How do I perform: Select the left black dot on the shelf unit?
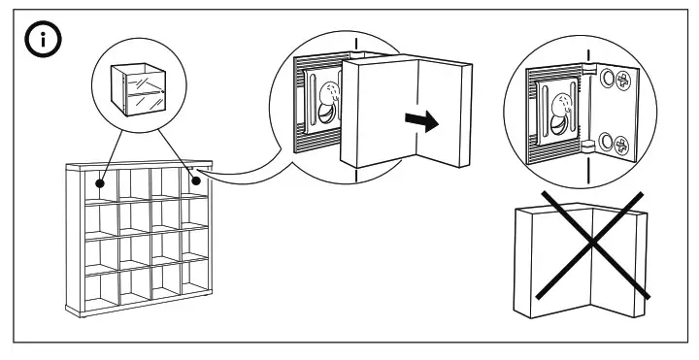tap(100, 180)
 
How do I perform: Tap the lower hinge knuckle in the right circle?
tap(589, 145)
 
